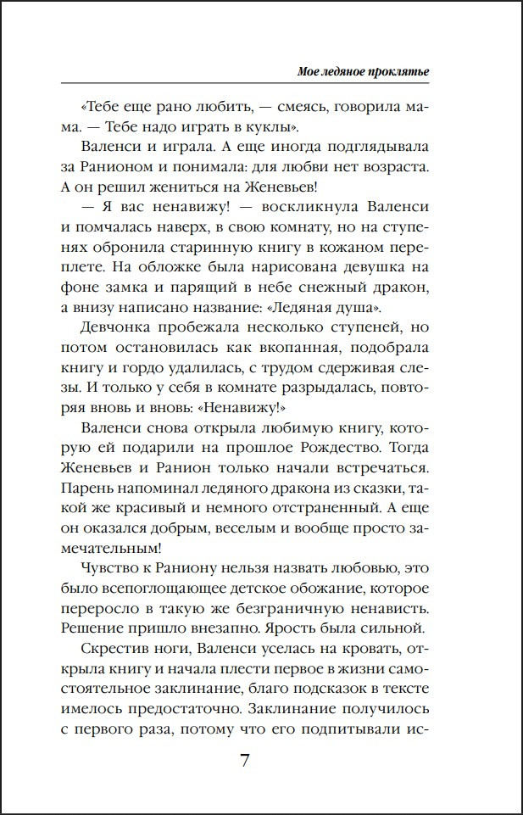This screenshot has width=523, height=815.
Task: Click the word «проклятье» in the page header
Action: pos(399,72)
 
